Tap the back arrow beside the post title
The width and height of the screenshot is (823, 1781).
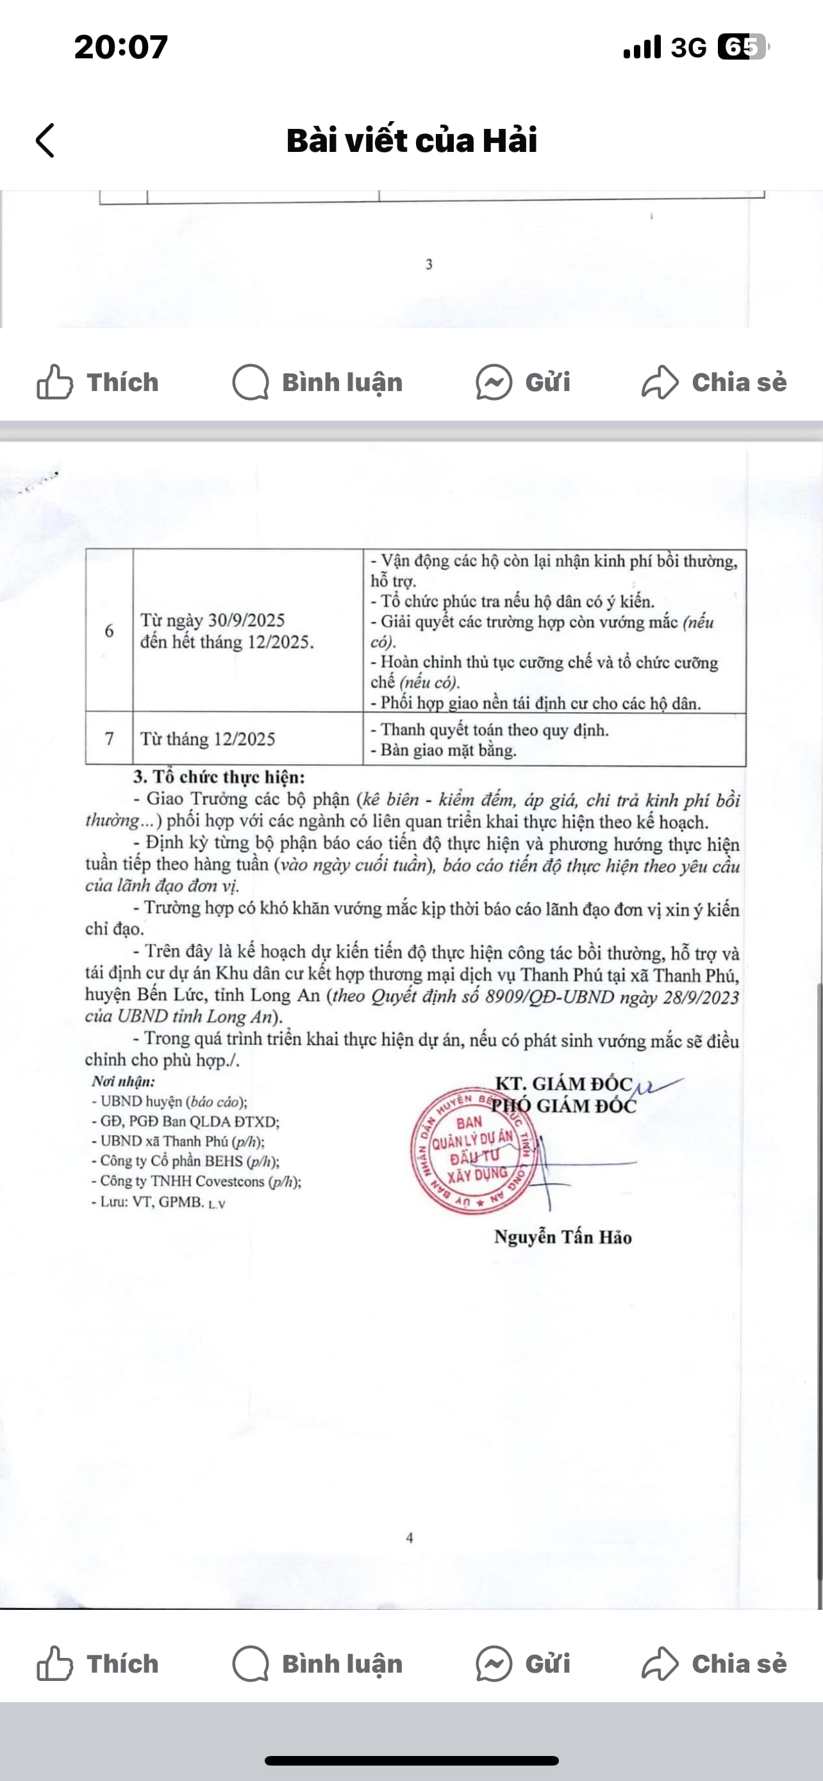pyautogui.click(x=45, y=140)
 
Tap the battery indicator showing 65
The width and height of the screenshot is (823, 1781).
pyautogui.click(x=742, y=47)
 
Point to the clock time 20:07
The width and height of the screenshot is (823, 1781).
pyautogui.click(x=121, y=47)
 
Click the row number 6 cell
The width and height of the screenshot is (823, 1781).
pyautogui.click(x=109, y=631)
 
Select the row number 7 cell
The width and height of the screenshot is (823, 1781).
pyautogui.click(x=109, y=739)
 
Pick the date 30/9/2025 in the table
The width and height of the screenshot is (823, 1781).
pyautogui.click(x=247, y=620)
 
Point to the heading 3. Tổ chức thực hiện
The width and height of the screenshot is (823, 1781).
pyautogui.click(x=219, y=777)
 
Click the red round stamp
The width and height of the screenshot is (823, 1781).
pyautogui.click(x=472, y=1150)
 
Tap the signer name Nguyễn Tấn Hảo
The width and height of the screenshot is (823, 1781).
pyautogui.click(x=563, y=1237)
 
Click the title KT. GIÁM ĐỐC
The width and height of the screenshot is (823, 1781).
pyautogui.click(x=564, y=1083)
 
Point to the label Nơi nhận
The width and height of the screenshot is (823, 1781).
pyautogui.click(x=123, y=1082)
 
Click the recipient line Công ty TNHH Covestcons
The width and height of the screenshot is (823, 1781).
pyautogui.click(x=196, y=1182)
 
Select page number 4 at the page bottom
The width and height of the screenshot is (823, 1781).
pyautogui.click(x=410, y=1537)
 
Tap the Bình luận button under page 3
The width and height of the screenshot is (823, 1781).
pyautogui.click(x=318, y=382)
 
